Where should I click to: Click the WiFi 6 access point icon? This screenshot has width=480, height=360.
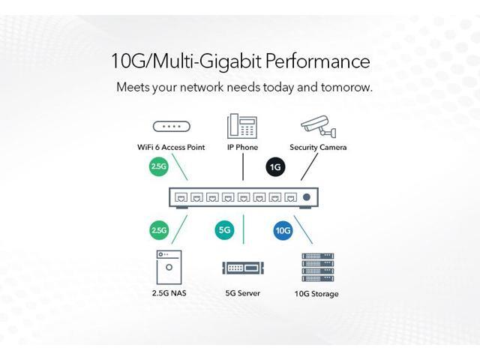click(171, 127)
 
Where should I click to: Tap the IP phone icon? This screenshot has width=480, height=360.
click(242, 124)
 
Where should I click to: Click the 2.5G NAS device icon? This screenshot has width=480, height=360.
click(169, 267)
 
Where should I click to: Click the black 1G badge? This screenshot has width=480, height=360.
click(275, 166)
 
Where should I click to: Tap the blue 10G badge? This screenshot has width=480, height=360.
click(282, 230)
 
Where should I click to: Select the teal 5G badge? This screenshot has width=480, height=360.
click(224, 229)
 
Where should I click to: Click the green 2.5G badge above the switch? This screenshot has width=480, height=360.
click(158, 166)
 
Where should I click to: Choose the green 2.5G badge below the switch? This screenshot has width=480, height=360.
click(158, 229)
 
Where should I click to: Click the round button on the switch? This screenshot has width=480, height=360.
click(306, 198)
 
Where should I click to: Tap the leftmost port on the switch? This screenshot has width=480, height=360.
click(180, 198)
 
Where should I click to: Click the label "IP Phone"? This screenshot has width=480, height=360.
click(242, 148)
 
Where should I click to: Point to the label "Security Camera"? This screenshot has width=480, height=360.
click(318, 148)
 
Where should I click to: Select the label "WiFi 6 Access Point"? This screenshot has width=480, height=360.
click(171, 148)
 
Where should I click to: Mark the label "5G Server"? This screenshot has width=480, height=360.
click(242, 293)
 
